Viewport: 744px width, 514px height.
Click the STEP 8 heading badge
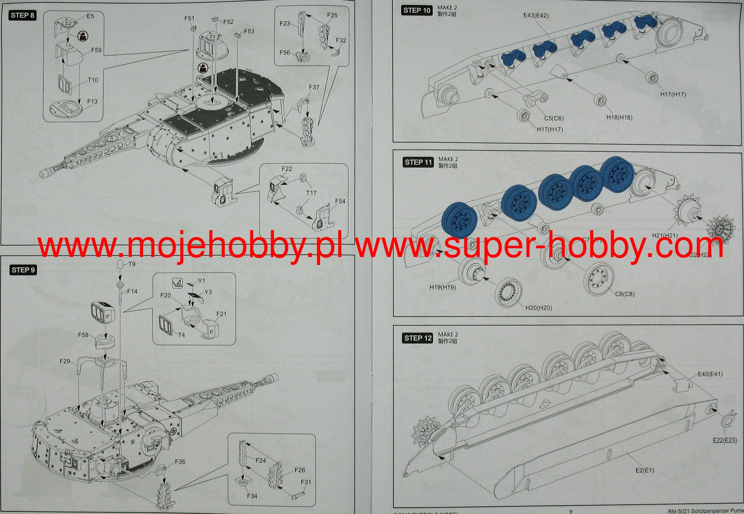coord(23,15)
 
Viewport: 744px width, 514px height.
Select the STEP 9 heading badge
coord(23,270)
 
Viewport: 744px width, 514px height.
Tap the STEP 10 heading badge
coord(417,10)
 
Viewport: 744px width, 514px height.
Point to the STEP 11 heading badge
coord(418,162)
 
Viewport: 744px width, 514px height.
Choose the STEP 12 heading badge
coord(418,338)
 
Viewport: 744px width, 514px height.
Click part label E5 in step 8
coord(90,16)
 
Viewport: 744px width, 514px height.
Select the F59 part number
coord(96,50)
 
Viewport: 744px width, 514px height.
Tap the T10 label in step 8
coord(93,80)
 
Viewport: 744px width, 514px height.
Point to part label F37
coord(314,87)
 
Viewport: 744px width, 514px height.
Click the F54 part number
coord(340,201)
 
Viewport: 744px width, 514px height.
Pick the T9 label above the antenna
coord(132,264)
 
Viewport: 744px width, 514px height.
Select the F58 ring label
coord(83,335)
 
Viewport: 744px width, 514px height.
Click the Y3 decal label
coord(208,292)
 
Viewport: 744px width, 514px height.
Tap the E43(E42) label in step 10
coord(536,16)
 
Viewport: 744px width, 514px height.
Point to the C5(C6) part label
coord(554,118)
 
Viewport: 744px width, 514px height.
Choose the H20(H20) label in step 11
coord(539,308)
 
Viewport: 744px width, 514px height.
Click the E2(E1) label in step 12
coord(645,470)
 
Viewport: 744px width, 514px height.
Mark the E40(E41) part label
coord(710,374)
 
